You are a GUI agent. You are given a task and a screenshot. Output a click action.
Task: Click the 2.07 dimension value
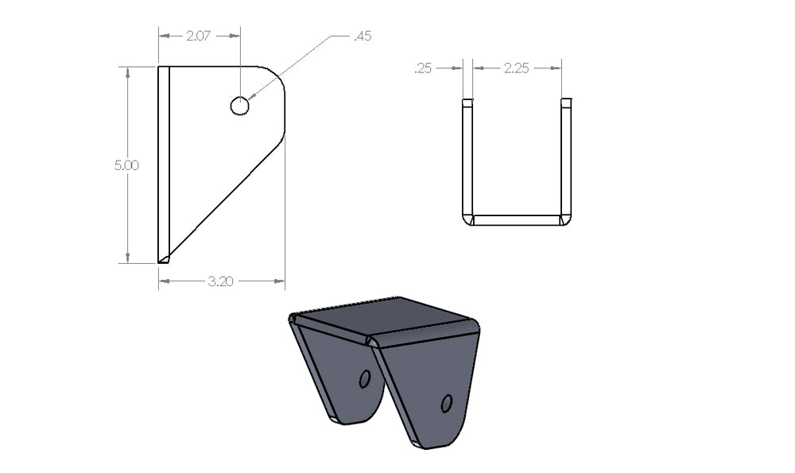click(198, 36)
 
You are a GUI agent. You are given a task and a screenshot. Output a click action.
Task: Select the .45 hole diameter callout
click(362, 36)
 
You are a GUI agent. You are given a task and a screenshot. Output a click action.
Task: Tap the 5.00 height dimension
click(126, 165)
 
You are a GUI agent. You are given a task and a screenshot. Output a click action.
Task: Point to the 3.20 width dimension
click(220, 281)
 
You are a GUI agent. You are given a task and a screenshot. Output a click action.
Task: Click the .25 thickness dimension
click(423, 68)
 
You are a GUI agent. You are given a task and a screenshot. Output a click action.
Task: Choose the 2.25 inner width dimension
click(517, 68)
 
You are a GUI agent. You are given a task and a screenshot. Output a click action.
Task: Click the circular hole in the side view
click(239, 106)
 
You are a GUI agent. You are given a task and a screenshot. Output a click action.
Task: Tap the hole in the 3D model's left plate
click(365, 378)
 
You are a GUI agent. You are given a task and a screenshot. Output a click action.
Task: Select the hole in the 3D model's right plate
click(447, 404)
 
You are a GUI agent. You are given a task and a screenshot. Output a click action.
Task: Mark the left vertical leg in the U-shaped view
click(467, 159)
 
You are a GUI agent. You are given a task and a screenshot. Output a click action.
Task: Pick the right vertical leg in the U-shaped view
click(566, 159)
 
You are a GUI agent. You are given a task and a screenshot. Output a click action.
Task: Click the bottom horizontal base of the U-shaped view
click(517, 219)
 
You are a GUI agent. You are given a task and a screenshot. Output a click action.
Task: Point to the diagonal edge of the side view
click(227, 203)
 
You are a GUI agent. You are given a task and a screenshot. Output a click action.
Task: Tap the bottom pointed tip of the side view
click(163, 259)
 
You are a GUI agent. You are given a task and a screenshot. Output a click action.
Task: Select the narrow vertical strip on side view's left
click(164, 159)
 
